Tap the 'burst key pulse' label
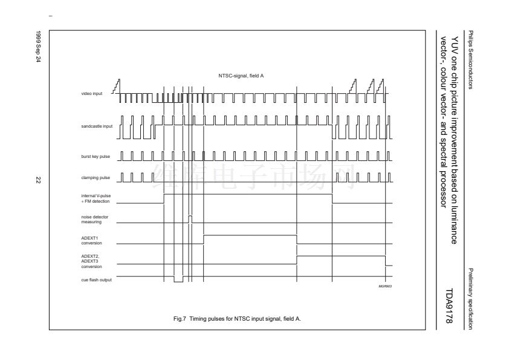[94, 157]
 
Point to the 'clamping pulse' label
[94, 177]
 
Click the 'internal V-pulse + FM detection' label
[95, 197]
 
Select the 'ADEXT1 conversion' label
[90, 241]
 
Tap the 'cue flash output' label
[94, 279]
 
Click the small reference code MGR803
[385, 286]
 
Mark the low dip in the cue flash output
[178, 281]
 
